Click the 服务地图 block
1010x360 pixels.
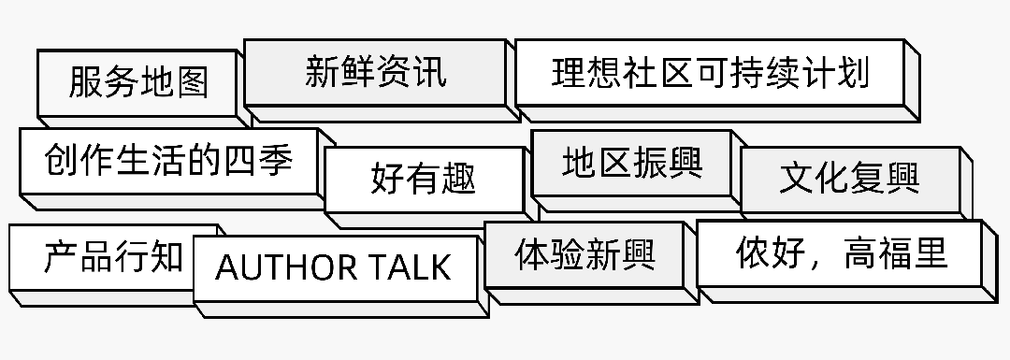pyautogui.click(x=137, y=82)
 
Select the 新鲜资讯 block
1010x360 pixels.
pyautogui.click(x=375, y=72)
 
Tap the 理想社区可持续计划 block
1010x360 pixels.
pyautogui.click(x=710, y=72)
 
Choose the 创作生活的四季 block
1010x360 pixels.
pyautogui.click(x=168, y=161)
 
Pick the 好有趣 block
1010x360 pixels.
pyautogui.click(x=423, y=178)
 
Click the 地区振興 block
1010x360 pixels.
pyautogui.click(x=632, y=163)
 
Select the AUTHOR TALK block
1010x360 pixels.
pyautogui.click(x=333, y=268)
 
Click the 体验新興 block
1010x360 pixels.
pyautogui.click(x=584, y=253)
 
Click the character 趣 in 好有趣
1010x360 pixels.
pyautogui.click(x=458, y=178)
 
